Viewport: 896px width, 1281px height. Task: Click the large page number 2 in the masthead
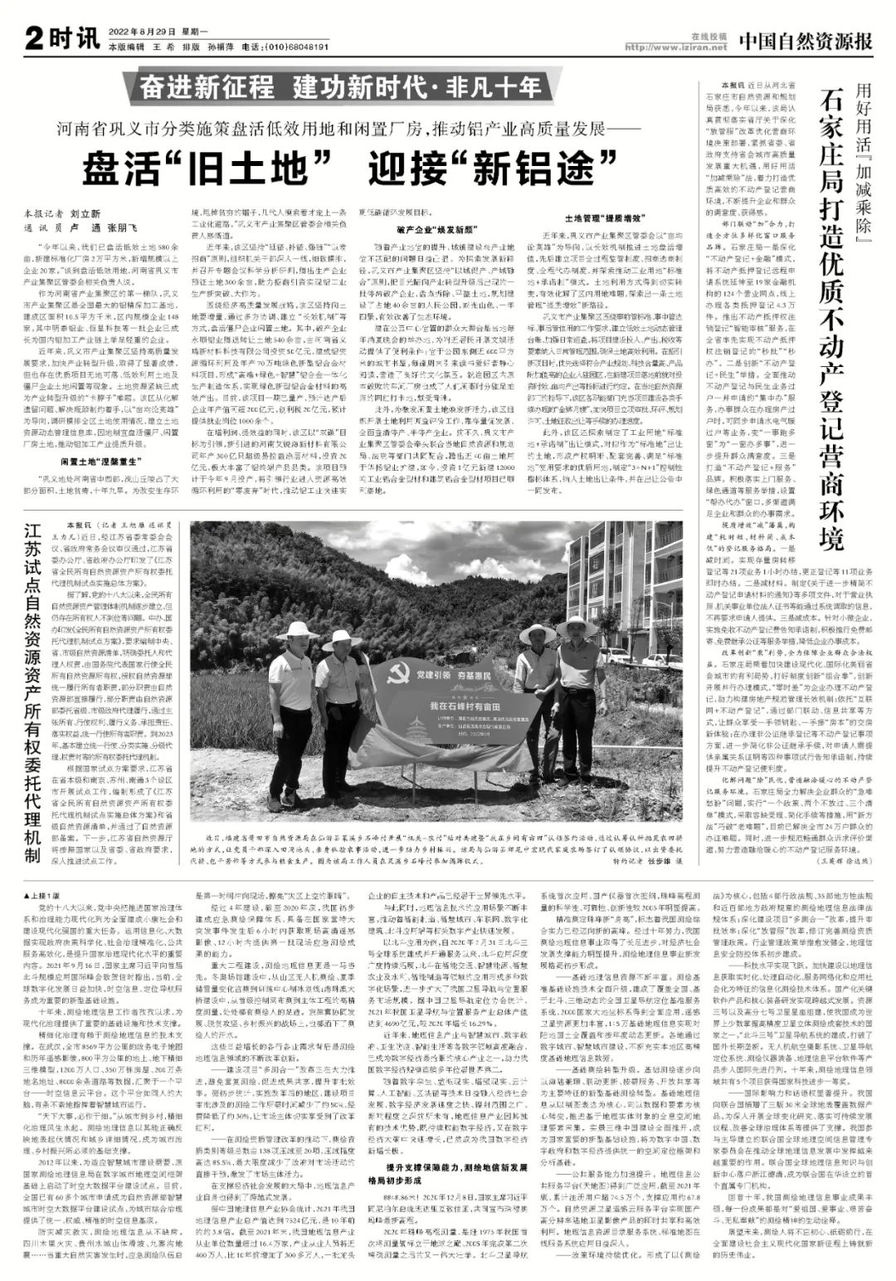coord(34,37)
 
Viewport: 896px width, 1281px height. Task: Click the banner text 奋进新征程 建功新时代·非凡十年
coord(339,86)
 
